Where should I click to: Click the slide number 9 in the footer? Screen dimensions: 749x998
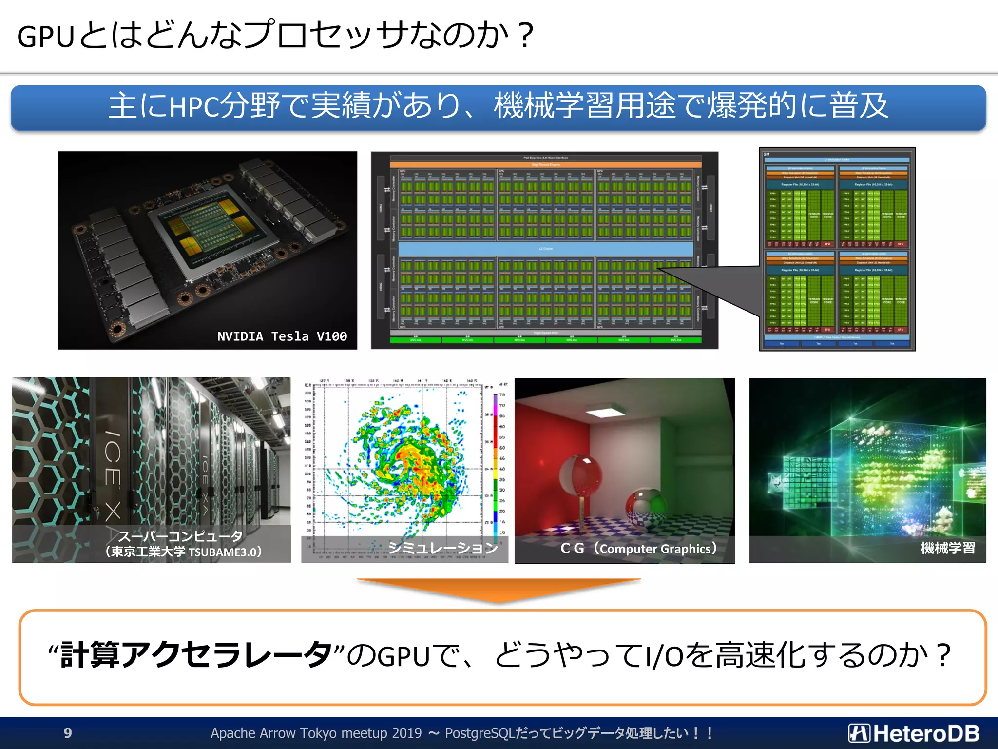[x=68, y=733]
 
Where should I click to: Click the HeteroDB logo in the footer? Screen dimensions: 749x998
[x=914, y=733]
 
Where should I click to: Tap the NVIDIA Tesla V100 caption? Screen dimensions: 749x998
[x=282, y=336]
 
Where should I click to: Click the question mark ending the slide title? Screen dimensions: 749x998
[x=525, y=36]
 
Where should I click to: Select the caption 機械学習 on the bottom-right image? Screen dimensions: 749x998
[x=947, y=548]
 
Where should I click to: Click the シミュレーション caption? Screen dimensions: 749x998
[x=442, y=548]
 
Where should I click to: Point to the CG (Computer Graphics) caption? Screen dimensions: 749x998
[x=638, y=549]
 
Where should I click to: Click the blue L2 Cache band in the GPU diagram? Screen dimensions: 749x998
[x=545, y=249]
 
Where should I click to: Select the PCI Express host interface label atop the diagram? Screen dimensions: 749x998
[x=545, y=158]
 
